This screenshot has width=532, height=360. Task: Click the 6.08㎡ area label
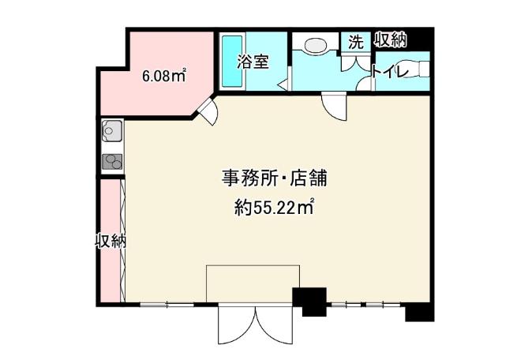164,76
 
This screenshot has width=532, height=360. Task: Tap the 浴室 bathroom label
253,62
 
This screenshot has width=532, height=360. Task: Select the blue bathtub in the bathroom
232,61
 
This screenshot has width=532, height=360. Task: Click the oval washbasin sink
316,45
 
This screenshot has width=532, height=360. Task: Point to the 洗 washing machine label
356,42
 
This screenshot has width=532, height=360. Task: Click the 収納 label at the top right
390,40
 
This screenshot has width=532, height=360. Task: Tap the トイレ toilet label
389,71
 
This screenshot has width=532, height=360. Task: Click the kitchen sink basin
111,131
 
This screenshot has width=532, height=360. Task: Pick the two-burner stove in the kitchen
112,162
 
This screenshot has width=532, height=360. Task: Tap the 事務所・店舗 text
275,178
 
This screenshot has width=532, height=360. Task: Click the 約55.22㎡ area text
273,207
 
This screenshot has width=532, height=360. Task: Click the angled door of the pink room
208,111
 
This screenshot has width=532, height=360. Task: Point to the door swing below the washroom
334,106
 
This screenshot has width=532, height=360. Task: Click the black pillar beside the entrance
310,302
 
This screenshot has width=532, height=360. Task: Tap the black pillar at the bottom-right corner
420,312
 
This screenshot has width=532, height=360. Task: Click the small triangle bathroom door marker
283,84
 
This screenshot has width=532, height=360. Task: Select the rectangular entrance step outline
253,283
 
